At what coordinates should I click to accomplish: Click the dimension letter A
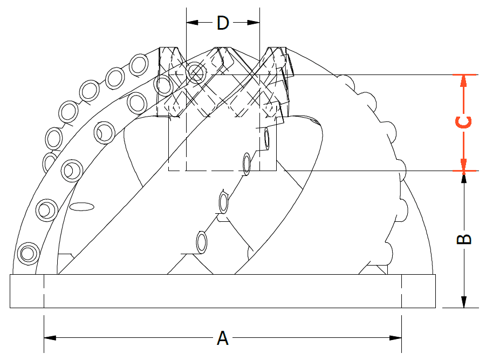click(223, 338)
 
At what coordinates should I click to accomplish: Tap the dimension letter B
click(464, 239)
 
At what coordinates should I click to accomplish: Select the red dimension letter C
click(464, 122)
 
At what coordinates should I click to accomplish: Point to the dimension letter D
click(223, 23)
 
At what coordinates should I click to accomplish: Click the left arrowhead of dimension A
click(50, 338)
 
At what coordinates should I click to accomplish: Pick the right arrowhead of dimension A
click(395, 338)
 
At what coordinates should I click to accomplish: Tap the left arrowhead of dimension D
click(192, 23)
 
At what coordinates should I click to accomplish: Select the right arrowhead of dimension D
click(254, 23)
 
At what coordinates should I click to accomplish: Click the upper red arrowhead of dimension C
click(464, 80)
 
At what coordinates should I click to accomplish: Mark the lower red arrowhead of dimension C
click(464, 165)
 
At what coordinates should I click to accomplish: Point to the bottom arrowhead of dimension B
click(464, 302)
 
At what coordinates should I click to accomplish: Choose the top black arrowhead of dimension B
click(464, 177)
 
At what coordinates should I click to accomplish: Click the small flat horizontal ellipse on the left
click(81, 207)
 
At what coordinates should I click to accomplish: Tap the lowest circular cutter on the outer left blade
click(29, 253)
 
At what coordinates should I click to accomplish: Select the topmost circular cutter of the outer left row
click(139, 64)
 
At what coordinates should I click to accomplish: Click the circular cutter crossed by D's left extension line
click(196, 72)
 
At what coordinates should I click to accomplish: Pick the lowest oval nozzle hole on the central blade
click(202, 242)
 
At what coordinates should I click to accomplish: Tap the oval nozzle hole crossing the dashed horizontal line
click(247, 164)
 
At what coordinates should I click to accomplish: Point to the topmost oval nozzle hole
click(266, 138)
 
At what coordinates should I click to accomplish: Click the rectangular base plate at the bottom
click(223, 291)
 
